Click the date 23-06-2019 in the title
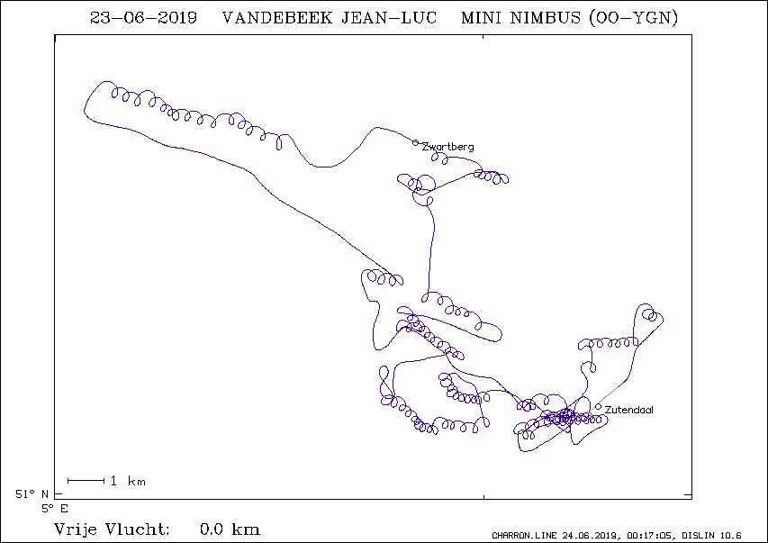point(143,18)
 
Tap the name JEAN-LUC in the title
point(389,18)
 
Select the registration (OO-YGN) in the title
point(634,18)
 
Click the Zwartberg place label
point(447,147)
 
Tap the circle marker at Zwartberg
point(415,142)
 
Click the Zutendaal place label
point(629,410)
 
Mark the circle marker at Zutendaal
point(598,407)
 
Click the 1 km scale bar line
point(86,481)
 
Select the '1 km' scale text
point(128,481)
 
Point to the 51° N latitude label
point(32,494)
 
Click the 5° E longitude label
point(54,509)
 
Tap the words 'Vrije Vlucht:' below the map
point(112,529)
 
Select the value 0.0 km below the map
point(230,529)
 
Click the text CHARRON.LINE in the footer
point(524,535)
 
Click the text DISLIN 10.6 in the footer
point(711,535)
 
